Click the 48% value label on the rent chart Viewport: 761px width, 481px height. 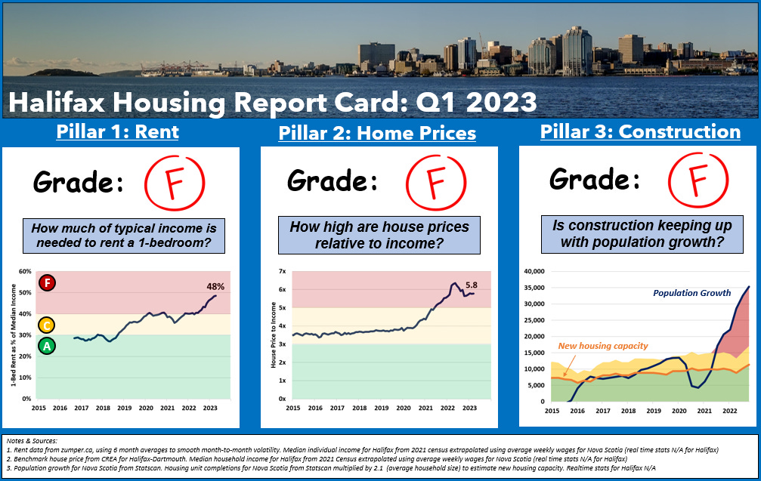216,286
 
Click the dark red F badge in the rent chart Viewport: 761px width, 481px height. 48,283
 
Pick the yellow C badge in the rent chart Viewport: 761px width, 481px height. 47,325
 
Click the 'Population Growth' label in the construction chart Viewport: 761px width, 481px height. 692,293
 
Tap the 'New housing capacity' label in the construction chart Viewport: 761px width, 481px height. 603,346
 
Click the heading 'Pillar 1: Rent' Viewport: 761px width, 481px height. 117,132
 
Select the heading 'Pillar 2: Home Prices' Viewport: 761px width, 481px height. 377,134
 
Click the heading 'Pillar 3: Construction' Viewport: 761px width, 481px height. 640,132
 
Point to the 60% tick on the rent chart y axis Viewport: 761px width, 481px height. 24,272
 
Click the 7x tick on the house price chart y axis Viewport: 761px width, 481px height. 283,271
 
